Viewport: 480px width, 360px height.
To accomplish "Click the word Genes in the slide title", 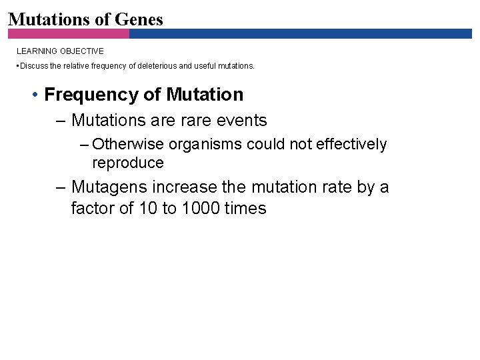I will point(139,19).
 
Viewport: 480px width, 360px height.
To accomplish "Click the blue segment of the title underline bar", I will point(300,33).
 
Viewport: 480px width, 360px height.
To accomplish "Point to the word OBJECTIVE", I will point(83,51).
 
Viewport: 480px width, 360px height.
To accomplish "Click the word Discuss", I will point(31,66).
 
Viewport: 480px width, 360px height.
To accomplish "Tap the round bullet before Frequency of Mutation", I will point(34,95).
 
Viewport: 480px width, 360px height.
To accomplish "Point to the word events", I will point(240,121).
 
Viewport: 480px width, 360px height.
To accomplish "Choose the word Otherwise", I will point(129,145).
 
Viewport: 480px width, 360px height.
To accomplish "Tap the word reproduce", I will point(127,163).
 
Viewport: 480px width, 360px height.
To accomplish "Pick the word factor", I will point(93,209).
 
